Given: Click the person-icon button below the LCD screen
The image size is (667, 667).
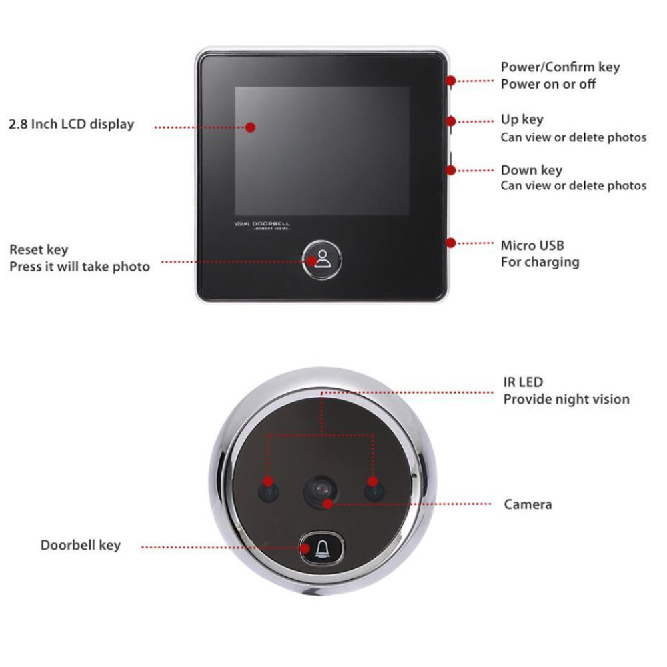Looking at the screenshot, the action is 322,259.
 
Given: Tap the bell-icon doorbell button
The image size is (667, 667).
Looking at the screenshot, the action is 322,548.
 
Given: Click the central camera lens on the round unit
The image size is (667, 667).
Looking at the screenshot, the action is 321,492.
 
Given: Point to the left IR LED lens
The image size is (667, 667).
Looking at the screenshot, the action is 269,492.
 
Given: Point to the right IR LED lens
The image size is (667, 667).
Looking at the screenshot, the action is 374,492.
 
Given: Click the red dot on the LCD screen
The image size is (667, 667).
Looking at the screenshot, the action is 251,127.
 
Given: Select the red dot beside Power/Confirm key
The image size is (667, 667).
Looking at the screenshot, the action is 451,81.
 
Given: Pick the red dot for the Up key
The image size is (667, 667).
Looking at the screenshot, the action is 451,121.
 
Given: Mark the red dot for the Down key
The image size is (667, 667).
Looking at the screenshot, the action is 451,170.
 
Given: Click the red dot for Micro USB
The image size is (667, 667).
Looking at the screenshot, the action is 451,243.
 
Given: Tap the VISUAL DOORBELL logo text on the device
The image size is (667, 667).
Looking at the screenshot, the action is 262,225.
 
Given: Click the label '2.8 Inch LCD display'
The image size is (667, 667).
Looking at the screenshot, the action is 71,124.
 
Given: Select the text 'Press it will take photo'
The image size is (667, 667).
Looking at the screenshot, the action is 79,267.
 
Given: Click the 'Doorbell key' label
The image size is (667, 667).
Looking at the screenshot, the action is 81,545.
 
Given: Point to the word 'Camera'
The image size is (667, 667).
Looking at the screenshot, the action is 528,504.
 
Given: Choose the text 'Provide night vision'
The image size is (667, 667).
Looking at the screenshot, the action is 566,399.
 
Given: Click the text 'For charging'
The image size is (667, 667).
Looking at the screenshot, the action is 540,262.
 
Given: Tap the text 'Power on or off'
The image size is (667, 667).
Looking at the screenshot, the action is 548,84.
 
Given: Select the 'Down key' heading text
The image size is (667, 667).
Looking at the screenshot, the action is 532,170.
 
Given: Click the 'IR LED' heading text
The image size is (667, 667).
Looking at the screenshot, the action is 523,382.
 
